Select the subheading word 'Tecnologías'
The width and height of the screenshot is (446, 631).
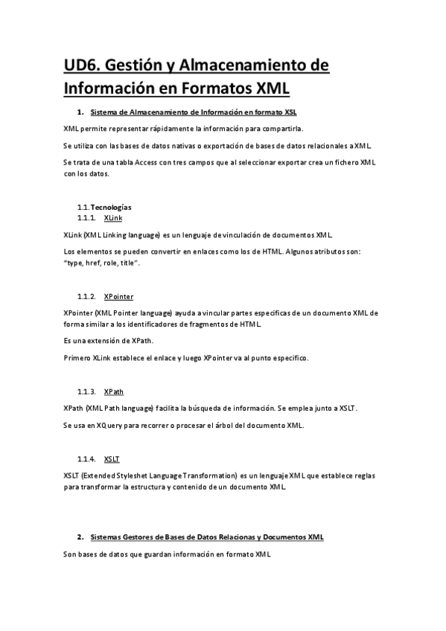111,207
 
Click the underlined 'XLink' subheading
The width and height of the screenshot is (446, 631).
113,217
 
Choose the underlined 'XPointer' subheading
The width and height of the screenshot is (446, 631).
119,296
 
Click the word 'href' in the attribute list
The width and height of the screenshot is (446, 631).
88,263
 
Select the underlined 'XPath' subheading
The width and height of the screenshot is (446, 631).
114,391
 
